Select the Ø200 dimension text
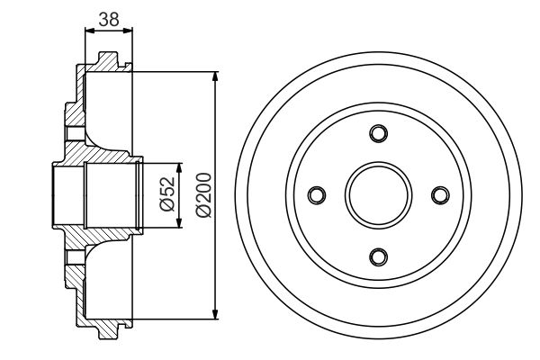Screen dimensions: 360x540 pyautogui.click(x=202, y=194)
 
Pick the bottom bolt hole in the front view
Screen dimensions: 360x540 pyautogui.click(x=378, y=256)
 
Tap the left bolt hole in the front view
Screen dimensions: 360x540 pyautogui.click(x=317, y=194)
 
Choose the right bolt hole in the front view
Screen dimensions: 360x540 pyautogui.click(x=439, y=194)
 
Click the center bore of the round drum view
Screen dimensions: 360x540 pyautogui.click(x=378, y=194)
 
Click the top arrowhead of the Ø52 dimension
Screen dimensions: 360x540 pyautogui.click(x=180, y=166)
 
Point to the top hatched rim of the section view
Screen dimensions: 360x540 pyautogui.click(x=103, y=66)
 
